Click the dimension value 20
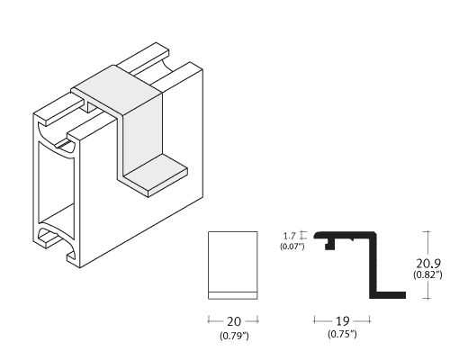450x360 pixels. click(x=234, y=321)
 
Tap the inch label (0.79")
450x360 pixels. click(x=234, y=336)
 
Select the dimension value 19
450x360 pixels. click(x=342, y=321)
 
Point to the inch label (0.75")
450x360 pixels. click(x=342, y=334)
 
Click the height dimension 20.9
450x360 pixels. click(x=428, y=264)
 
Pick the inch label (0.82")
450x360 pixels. click(x=427, y=274)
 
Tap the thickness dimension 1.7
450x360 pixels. click(x=290, y=236)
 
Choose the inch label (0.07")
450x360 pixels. click(x=292, y=247)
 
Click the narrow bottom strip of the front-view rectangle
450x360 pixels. click(x=233, y=295)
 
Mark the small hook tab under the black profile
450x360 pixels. click(x=330, y=244)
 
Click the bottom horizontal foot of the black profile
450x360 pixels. click(x=388, y=295)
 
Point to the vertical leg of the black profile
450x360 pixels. click(x=373, y=265)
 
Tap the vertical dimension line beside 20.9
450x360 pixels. click(x=427, y=265)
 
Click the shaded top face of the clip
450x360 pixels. click(x=117, y=90)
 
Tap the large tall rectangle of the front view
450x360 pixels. click(x=233, y=262)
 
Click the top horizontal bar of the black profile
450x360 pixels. click(x=345, y=235)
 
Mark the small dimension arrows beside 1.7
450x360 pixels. click(x=303, y=235)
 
